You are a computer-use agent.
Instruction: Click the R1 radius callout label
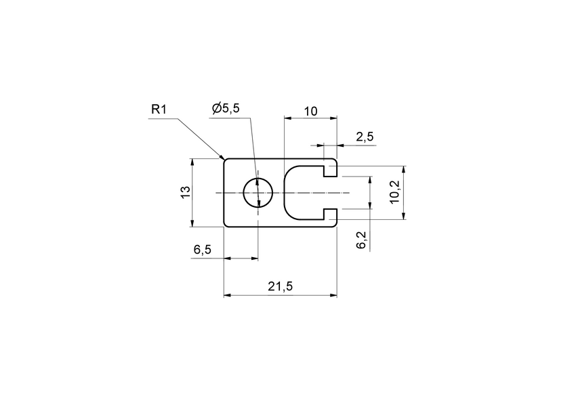tap(160, 110)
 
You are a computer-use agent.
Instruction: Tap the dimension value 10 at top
tap(310, 111)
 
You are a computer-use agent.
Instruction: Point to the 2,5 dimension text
tap(365, 137)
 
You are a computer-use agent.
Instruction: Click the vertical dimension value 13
tap(184, 192)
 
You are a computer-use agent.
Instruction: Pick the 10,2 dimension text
tap(394, 192)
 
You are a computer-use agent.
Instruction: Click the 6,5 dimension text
tap(202, 250)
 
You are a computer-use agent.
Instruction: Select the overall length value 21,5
tap(280, 287)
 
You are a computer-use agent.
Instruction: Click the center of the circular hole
tap(258, 193)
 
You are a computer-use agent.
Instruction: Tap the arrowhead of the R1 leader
tap(223, 158)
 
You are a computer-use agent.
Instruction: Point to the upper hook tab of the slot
tap(330, 169)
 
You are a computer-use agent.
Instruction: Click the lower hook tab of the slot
tap(330, 217)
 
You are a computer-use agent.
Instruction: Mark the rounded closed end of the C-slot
tap(287, 193)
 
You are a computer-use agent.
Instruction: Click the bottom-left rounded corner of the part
tap(226, 225)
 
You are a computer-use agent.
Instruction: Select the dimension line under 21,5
tap(280, 296)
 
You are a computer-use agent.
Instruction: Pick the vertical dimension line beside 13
tap(193, 193)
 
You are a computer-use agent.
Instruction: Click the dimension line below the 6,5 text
tap(241, 258)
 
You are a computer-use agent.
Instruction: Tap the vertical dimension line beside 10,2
tap(404, 192)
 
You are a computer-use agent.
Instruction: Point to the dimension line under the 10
tap(310, 118)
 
